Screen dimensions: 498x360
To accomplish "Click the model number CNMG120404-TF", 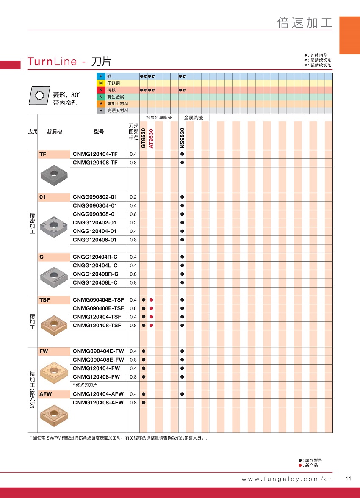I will tap(95, 154).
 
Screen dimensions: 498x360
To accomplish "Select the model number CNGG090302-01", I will tap(94, 197).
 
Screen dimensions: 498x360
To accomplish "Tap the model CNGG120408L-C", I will tap(95, 282).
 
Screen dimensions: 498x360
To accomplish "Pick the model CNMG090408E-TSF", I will tap(98, 308).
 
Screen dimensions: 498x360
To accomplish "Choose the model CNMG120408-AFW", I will tap(98, 402).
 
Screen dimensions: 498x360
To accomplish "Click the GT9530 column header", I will tap(144, 138).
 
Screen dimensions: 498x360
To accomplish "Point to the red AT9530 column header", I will tap(151, 138).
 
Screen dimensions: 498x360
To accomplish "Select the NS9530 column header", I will tap(182, 138).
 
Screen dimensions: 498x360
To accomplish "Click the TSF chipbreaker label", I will tap(44, 300).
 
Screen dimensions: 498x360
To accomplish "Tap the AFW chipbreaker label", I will tap(45, 394).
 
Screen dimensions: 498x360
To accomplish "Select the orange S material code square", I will tap(101, 104).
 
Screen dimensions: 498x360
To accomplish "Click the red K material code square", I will tap(101, 90).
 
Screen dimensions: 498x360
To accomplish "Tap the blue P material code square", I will tap(101, 76).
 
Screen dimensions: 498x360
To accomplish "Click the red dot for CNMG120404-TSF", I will tap(151, 317).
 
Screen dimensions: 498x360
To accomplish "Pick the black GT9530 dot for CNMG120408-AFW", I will tap(144, 402).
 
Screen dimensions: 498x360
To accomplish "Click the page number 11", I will tap(349, 479).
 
